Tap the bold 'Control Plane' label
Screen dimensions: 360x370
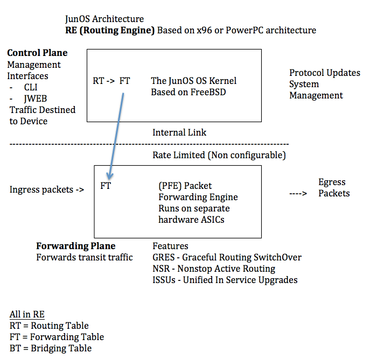coord(37,53)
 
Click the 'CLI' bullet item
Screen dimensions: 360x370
coord(31,87)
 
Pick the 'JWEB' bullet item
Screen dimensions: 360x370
coord(34,98)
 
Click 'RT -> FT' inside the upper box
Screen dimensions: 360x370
coord(111,81)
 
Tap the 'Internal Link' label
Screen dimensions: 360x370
coord(179,132)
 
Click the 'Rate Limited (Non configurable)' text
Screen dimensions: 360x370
coord(219,156)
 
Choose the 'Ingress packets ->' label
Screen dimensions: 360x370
coord(47,189)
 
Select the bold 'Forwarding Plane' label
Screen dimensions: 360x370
coord(75,246)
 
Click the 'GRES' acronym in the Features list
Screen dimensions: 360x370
coord(164,257)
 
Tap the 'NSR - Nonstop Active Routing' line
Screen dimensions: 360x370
coord(214,269)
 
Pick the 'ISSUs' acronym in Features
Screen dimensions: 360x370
coord(164,280)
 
